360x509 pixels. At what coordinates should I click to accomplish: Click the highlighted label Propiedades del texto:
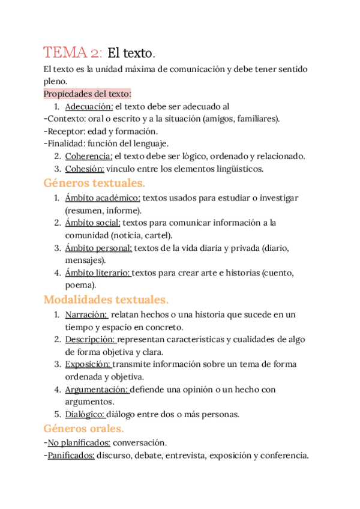[88, 94]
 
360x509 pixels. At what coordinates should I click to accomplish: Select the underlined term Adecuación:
[89, 106]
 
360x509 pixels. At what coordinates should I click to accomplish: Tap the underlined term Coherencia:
[89, 156]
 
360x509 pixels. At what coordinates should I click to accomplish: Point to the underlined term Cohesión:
[85, 169]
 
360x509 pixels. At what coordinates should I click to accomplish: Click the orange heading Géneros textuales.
[95, 183]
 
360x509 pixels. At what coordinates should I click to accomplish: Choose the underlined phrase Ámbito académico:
[103, 197]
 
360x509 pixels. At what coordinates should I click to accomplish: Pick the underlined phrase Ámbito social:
[92, 223]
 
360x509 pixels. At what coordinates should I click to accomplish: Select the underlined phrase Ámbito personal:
[98, 247]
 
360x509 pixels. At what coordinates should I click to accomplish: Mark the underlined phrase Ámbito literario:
[97, 273]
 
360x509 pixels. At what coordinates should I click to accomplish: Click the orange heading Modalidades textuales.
[106, 299]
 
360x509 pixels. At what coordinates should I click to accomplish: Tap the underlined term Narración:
[86, 314]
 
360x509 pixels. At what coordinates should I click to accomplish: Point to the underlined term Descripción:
[89, 339]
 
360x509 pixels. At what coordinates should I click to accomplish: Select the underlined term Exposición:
[88, 364]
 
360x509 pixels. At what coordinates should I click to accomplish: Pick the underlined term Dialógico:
[85, 414]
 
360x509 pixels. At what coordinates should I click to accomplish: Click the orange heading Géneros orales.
[84, 429]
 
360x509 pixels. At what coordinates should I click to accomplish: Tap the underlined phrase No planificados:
[79, 443]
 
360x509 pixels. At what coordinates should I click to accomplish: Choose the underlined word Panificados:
[71, 456]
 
